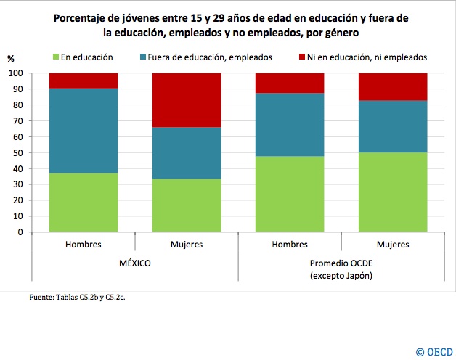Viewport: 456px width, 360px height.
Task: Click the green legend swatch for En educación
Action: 55,57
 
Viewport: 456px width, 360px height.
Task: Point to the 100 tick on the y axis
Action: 15,73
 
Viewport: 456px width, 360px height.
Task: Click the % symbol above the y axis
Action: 10,58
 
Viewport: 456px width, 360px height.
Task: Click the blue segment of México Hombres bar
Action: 84,131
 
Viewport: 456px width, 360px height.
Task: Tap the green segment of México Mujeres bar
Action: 187,205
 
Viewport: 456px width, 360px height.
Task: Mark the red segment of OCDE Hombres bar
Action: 290,83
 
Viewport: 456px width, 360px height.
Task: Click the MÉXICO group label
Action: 134,263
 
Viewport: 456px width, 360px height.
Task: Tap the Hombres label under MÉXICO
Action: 84,245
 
